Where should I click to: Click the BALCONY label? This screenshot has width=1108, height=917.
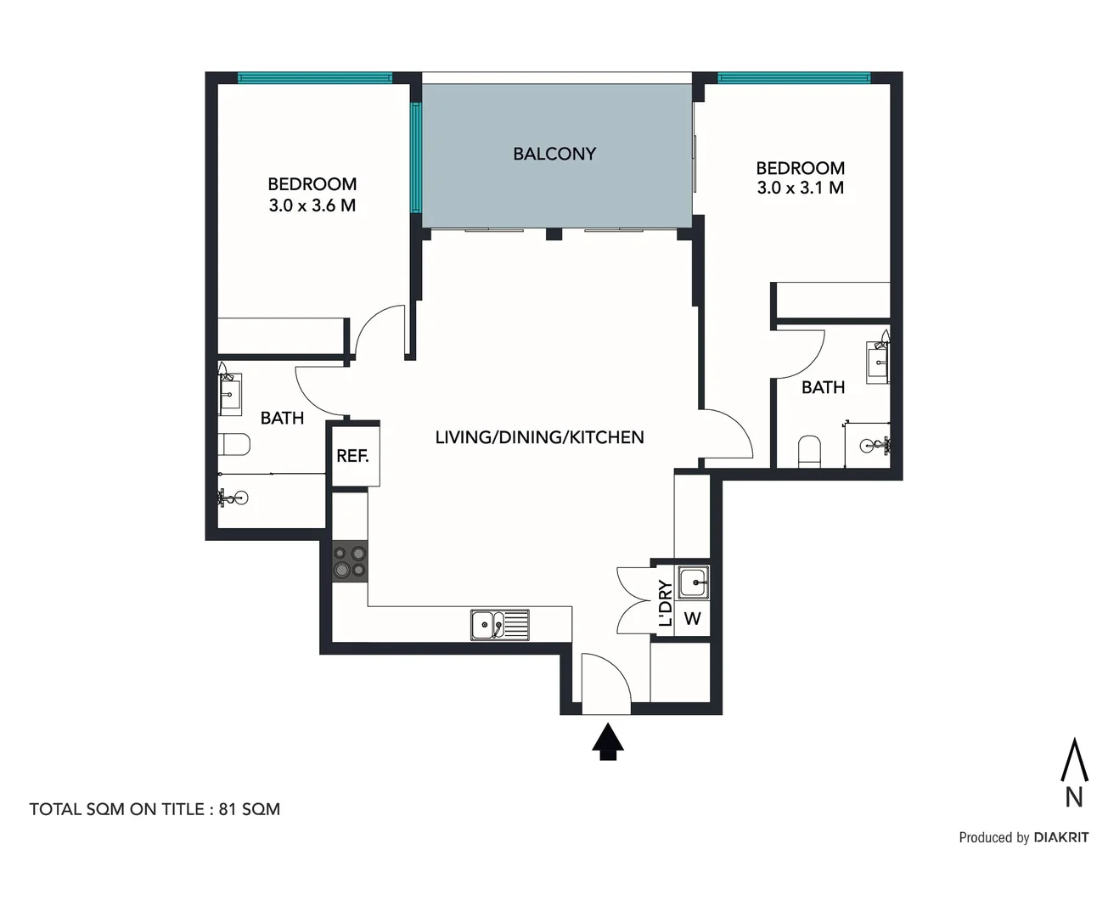(554, 154)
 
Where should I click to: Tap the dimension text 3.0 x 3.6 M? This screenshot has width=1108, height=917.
(312, 205)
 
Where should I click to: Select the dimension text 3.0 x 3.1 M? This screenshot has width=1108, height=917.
(800, 188)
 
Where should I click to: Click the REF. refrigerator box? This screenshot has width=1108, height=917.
(353, 456)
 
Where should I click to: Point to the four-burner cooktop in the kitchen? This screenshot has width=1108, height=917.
(350, 561)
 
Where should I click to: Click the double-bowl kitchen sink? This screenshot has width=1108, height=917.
(499, 625)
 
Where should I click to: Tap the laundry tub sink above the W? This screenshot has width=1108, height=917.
(693, 582)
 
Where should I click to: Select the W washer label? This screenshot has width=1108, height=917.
(693, 619)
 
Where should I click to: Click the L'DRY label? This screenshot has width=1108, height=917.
(666, 603)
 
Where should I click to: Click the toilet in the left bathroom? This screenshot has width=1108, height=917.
(233, 444)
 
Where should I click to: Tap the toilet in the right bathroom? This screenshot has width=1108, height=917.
(810, 452)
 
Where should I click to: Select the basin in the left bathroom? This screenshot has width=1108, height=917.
(230, 394)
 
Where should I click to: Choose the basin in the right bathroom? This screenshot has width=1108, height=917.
(877, 363)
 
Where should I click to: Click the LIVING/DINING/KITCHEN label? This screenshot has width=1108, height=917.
(539, 437)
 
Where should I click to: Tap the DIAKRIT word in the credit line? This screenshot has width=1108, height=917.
(1060, 837)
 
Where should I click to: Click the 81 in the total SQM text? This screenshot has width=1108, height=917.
(228, 809)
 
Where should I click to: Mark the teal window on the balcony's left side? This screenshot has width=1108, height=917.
(416, 158)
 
